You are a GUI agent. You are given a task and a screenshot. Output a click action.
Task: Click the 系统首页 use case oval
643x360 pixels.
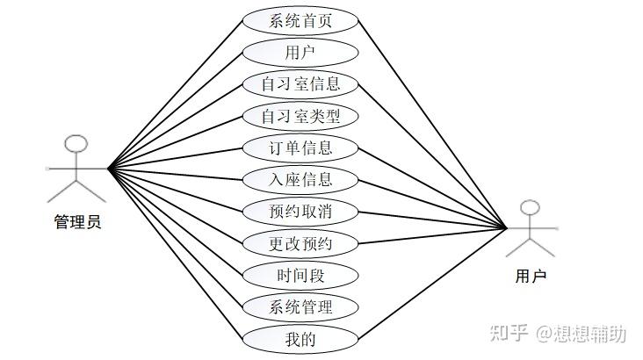click(300, 20)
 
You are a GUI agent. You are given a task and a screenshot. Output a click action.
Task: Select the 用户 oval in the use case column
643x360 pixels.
click(300, 52)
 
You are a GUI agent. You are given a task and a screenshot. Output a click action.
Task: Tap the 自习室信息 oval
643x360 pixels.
click(300, 84)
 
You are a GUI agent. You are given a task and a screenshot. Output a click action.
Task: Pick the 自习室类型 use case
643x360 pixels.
click(300, 116)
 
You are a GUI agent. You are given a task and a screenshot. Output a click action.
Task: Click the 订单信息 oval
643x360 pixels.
click(300, 148)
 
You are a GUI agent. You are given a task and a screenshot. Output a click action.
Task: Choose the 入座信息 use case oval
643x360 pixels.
click(300, 180)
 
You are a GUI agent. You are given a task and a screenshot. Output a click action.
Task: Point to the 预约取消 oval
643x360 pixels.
click(300, 212)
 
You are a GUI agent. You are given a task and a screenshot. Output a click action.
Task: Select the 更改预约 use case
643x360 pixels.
click(300, 243)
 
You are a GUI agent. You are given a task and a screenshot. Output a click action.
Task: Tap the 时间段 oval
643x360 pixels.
click(300, 276)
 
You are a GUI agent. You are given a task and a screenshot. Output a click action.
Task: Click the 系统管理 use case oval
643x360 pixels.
click(300, 307)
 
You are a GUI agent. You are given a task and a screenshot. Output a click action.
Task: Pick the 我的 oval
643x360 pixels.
click(300, 339)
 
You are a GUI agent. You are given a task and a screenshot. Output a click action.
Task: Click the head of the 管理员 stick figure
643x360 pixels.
click(77, 143)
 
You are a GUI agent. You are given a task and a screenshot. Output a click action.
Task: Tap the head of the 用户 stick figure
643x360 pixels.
click(530, 208)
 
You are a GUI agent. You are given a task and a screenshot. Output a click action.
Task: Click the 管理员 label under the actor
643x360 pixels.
click(77, 222)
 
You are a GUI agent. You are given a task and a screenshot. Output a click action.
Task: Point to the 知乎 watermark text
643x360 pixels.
click(509, 334)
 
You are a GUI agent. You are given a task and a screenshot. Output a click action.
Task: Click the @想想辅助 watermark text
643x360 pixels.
click(582, 334)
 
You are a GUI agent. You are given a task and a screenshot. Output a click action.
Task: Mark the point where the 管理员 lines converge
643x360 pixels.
click(108, 168)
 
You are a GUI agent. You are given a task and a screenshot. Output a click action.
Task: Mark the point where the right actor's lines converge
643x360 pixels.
click(507, 228)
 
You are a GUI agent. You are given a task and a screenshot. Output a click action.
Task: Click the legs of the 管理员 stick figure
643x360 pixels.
click(77, 191)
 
